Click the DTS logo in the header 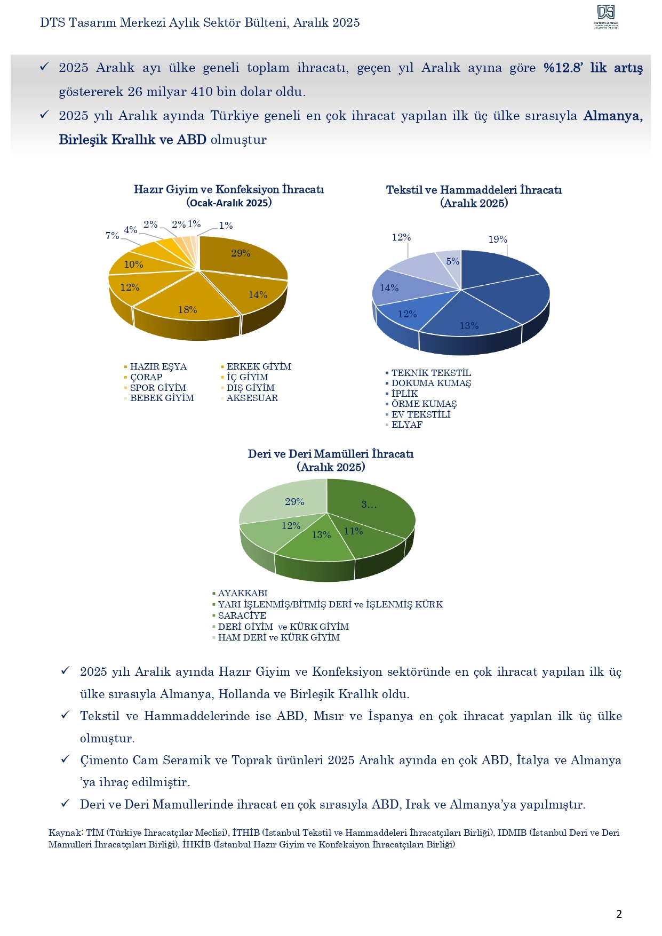(606, 17)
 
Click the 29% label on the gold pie (241, 253)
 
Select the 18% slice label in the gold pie (187, 310)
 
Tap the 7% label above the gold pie (112, 235)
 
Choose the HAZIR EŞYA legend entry (158, 367)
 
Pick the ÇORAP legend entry (146, 377)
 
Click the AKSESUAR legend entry (252, 398)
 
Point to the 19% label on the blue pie (498, 239)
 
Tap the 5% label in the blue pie (452, 261)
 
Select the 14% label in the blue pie (389, 288)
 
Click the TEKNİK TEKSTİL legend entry (430, 373)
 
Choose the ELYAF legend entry (406, 425)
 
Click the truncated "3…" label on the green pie (369, 505)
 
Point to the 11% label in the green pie (353, 531)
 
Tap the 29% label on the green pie (294, 502)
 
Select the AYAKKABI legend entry (242, 593)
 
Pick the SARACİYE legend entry (242, 615)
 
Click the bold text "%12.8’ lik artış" (593, 68)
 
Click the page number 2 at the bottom (619, 914)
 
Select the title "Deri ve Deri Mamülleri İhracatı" (331, 454)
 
